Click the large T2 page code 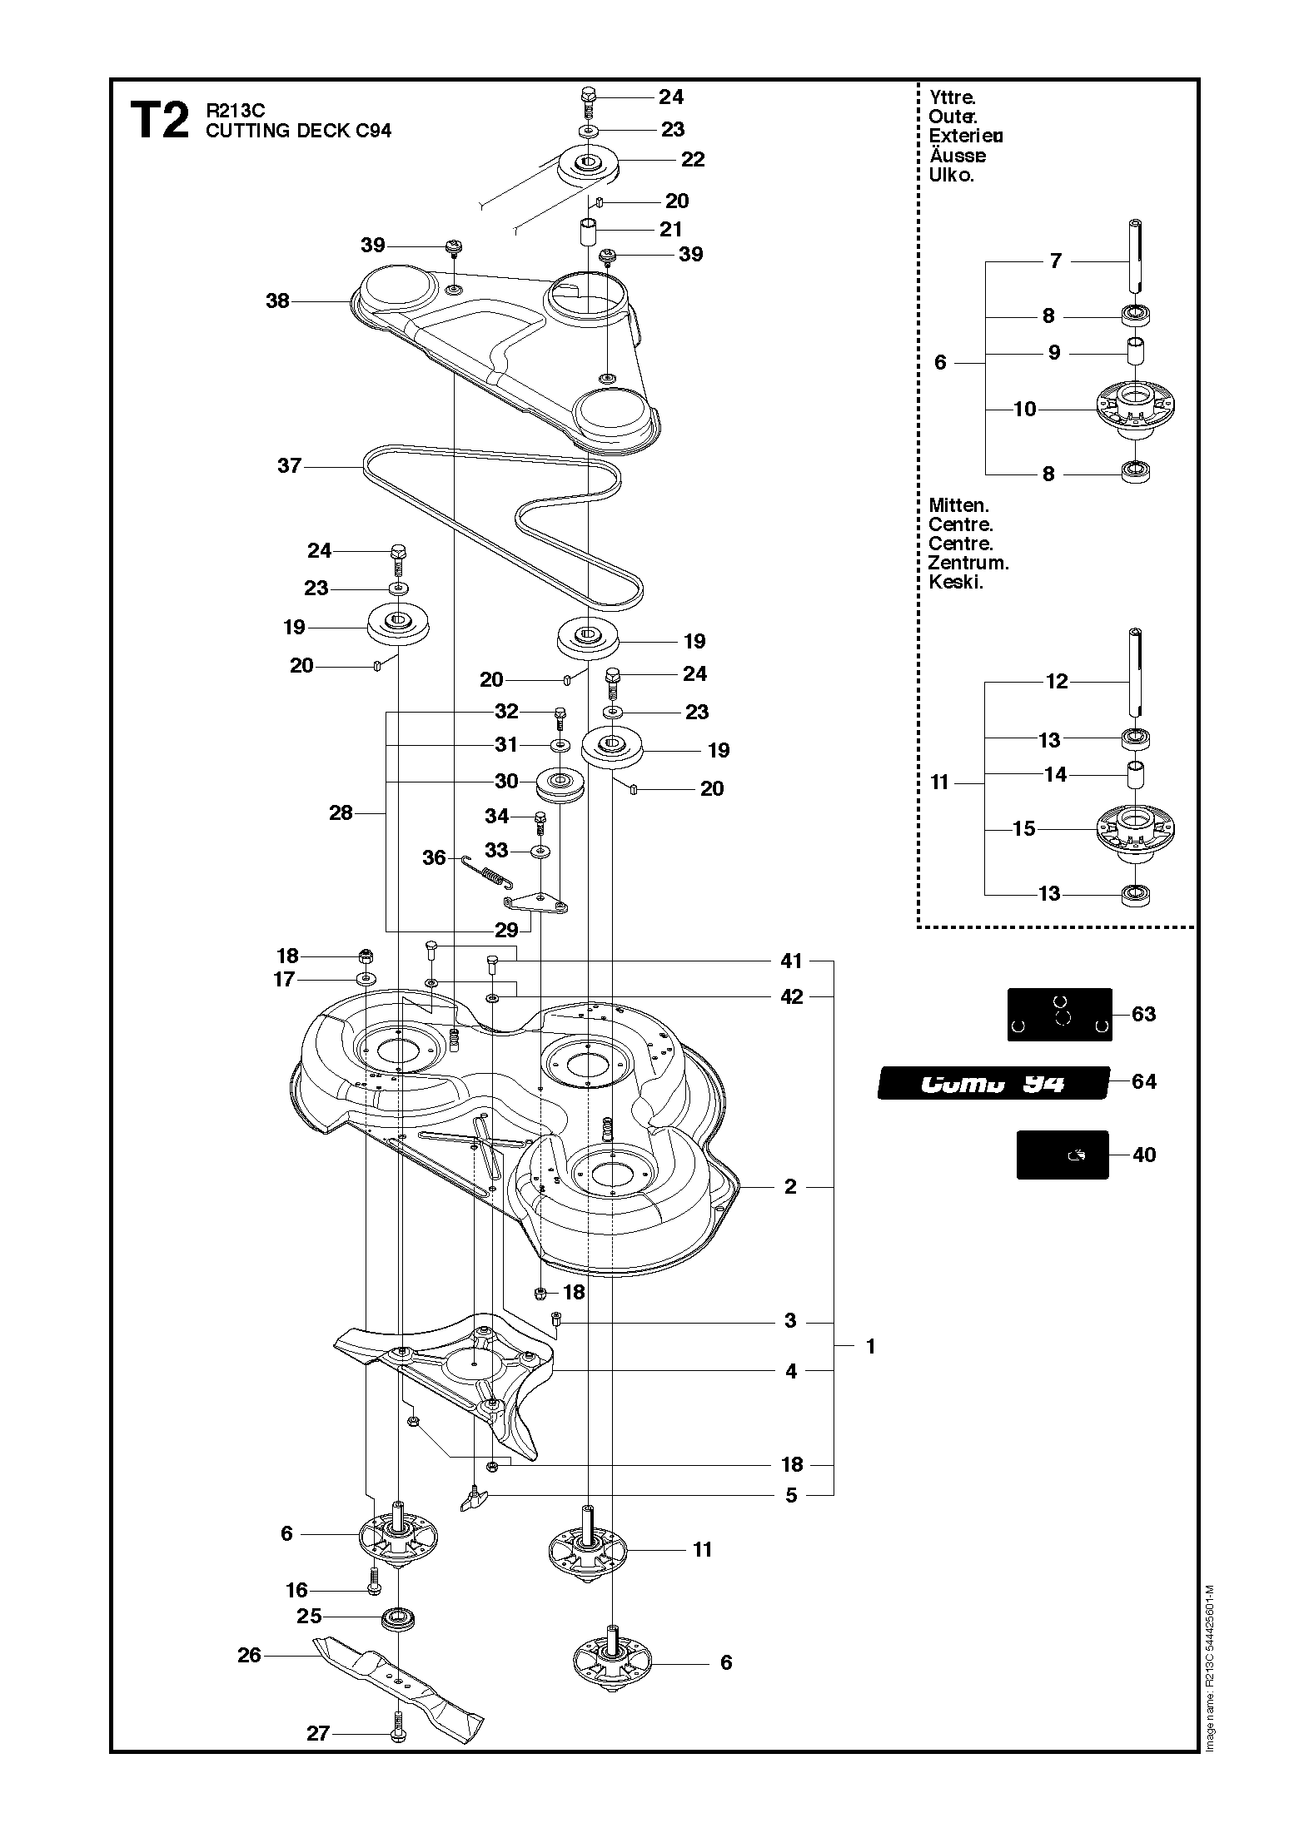coord(159,121)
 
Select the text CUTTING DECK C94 coord(298,131)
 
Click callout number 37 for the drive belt coord(289,465)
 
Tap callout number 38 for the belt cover coord(277,301)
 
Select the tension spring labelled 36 coord(488,873)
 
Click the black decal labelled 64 coord(993,1083)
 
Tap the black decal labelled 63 coord(1059,1014)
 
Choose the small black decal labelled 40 coord(1062,1154)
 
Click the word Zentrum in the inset coord(968,563)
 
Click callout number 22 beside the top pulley coord(693,159)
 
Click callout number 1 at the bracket coord(870,1346)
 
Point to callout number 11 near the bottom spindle coord(702,1549)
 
